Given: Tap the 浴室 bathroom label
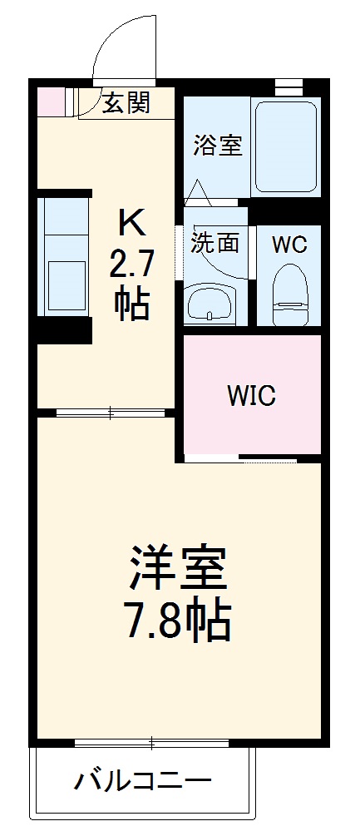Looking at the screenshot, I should pos(218,145).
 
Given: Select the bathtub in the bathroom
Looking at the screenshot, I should pos(285,146).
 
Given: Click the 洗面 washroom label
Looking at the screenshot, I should pos(215,243).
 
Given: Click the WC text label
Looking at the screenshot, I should pos(289,245).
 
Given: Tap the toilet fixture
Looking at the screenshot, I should pos(290,294).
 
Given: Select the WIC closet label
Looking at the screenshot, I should pos(252,396).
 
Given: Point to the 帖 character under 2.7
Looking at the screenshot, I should pos(132,304).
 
